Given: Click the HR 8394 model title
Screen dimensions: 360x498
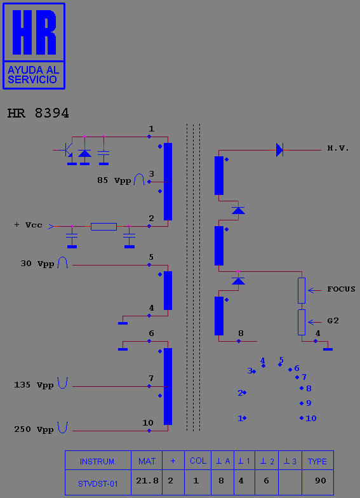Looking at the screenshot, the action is (38, 113).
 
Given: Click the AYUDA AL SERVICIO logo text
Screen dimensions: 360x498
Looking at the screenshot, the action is (33, 75).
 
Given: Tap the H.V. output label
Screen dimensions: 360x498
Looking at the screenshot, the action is (338, 149).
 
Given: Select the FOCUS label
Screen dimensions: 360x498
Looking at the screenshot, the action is (342, 289).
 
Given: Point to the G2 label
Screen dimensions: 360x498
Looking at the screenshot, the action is (333, 321).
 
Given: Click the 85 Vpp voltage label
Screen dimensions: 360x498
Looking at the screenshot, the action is (114, 180).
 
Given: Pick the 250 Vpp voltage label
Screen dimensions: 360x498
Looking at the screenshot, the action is (34, 429).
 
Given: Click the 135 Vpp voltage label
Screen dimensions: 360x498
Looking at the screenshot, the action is (34, 385).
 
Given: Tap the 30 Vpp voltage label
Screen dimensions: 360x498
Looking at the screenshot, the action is (37, 264).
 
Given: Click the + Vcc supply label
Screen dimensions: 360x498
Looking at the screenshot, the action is (28, 225).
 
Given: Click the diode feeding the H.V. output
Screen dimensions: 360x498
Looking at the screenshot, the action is (279, 150).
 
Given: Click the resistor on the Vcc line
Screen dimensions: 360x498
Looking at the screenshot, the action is (104, 226).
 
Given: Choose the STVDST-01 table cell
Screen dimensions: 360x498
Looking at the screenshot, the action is (98, 483).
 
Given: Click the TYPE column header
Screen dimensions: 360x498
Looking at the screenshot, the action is (317, 461).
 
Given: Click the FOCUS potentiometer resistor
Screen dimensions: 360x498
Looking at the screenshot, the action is (302, 290).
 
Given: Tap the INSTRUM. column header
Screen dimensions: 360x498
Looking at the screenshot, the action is (98, 461).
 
